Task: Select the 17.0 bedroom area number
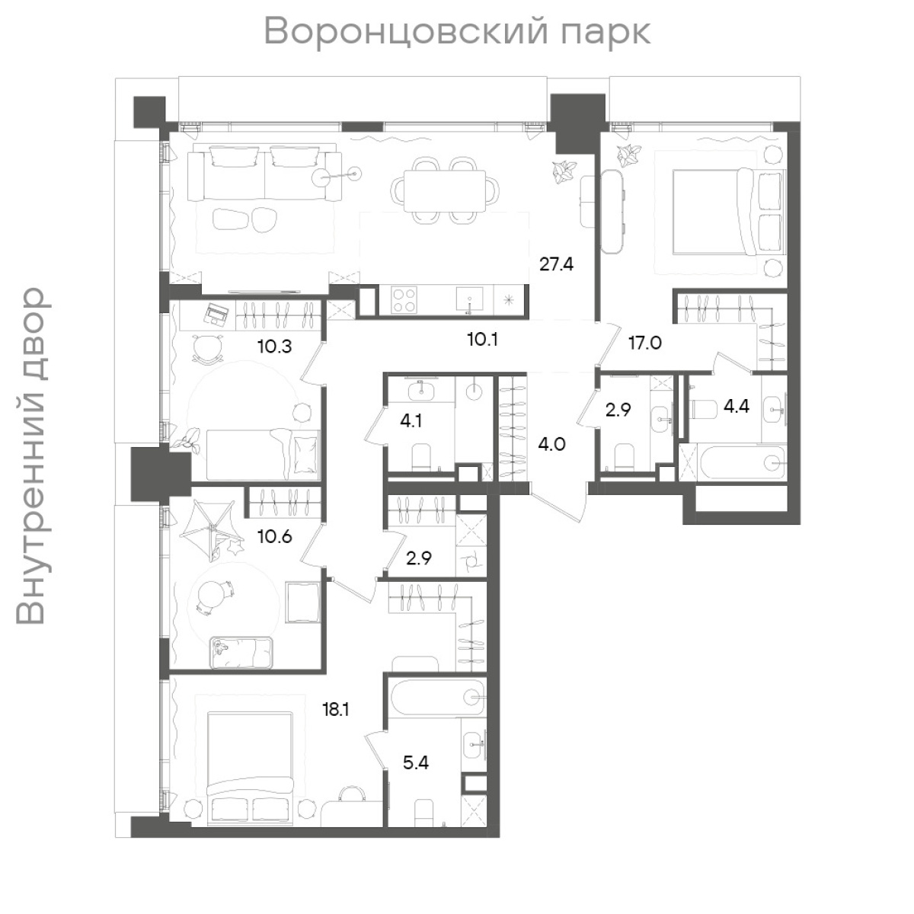(x=644, y=343)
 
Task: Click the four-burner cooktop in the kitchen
(x=404, y=299)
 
